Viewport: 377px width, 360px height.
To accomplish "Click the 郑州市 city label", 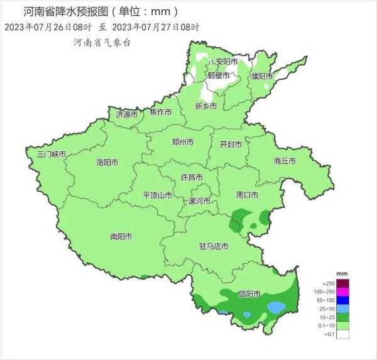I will (x=182, y=142).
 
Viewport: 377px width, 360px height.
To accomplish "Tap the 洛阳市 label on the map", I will (x=107, y=162).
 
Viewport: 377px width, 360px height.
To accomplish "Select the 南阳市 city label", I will (x=121, y=237).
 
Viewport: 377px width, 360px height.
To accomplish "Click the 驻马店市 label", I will (x=214, y=246).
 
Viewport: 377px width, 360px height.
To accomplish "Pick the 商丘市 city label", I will (x=285, y=161).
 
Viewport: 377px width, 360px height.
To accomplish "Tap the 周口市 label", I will (x=247, y=195).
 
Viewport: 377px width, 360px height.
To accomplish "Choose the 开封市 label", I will (x=231, y=144).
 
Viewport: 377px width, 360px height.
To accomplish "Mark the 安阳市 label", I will (x=226, y=62).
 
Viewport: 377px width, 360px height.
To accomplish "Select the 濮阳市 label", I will (x=262, y=76).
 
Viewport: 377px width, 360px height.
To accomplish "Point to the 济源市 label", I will (x=126, y=114).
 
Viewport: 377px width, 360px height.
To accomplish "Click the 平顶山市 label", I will (x=158, y=195).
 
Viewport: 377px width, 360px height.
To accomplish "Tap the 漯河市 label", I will (x=200, y=201).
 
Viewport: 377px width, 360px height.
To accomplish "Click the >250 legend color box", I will (x=342, y=283).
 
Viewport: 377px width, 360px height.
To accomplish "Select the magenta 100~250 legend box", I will (x=342, y=292).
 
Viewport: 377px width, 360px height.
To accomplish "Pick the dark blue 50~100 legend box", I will (x=342, y=300).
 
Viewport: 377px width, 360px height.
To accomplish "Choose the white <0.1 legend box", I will (x=342, y=335).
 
